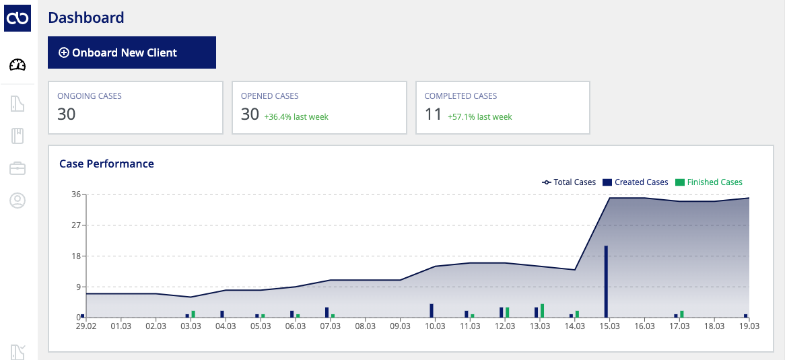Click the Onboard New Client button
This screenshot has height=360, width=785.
coord(132,52)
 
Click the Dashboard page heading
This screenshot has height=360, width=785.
coord(86,17)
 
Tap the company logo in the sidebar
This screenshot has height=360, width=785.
coord(18,18)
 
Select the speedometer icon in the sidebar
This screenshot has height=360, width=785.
coord(18,65)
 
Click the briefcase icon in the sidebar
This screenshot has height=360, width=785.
coord(18,168)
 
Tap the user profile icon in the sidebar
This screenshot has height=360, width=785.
coord(18,201)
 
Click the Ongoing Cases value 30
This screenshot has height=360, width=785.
coord(66,114)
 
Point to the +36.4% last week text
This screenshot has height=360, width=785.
coord(296,116)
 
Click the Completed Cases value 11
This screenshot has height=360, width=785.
coord(433,114)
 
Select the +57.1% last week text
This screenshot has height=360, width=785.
coord(480,116)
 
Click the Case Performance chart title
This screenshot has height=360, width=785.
coord(106,164)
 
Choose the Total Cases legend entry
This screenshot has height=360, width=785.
coord(569,182)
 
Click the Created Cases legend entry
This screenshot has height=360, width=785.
coord(636,182)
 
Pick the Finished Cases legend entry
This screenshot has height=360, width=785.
coord(709,182)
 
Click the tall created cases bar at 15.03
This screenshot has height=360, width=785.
coord(606,281)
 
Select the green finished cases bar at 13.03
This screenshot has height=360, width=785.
coord(542,310)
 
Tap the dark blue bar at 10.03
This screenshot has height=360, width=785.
coord(432,310)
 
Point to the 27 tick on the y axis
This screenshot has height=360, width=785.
coord(77,225)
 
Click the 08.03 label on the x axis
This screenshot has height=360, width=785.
coord(365,326)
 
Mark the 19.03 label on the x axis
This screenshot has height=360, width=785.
coord(749,326)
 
